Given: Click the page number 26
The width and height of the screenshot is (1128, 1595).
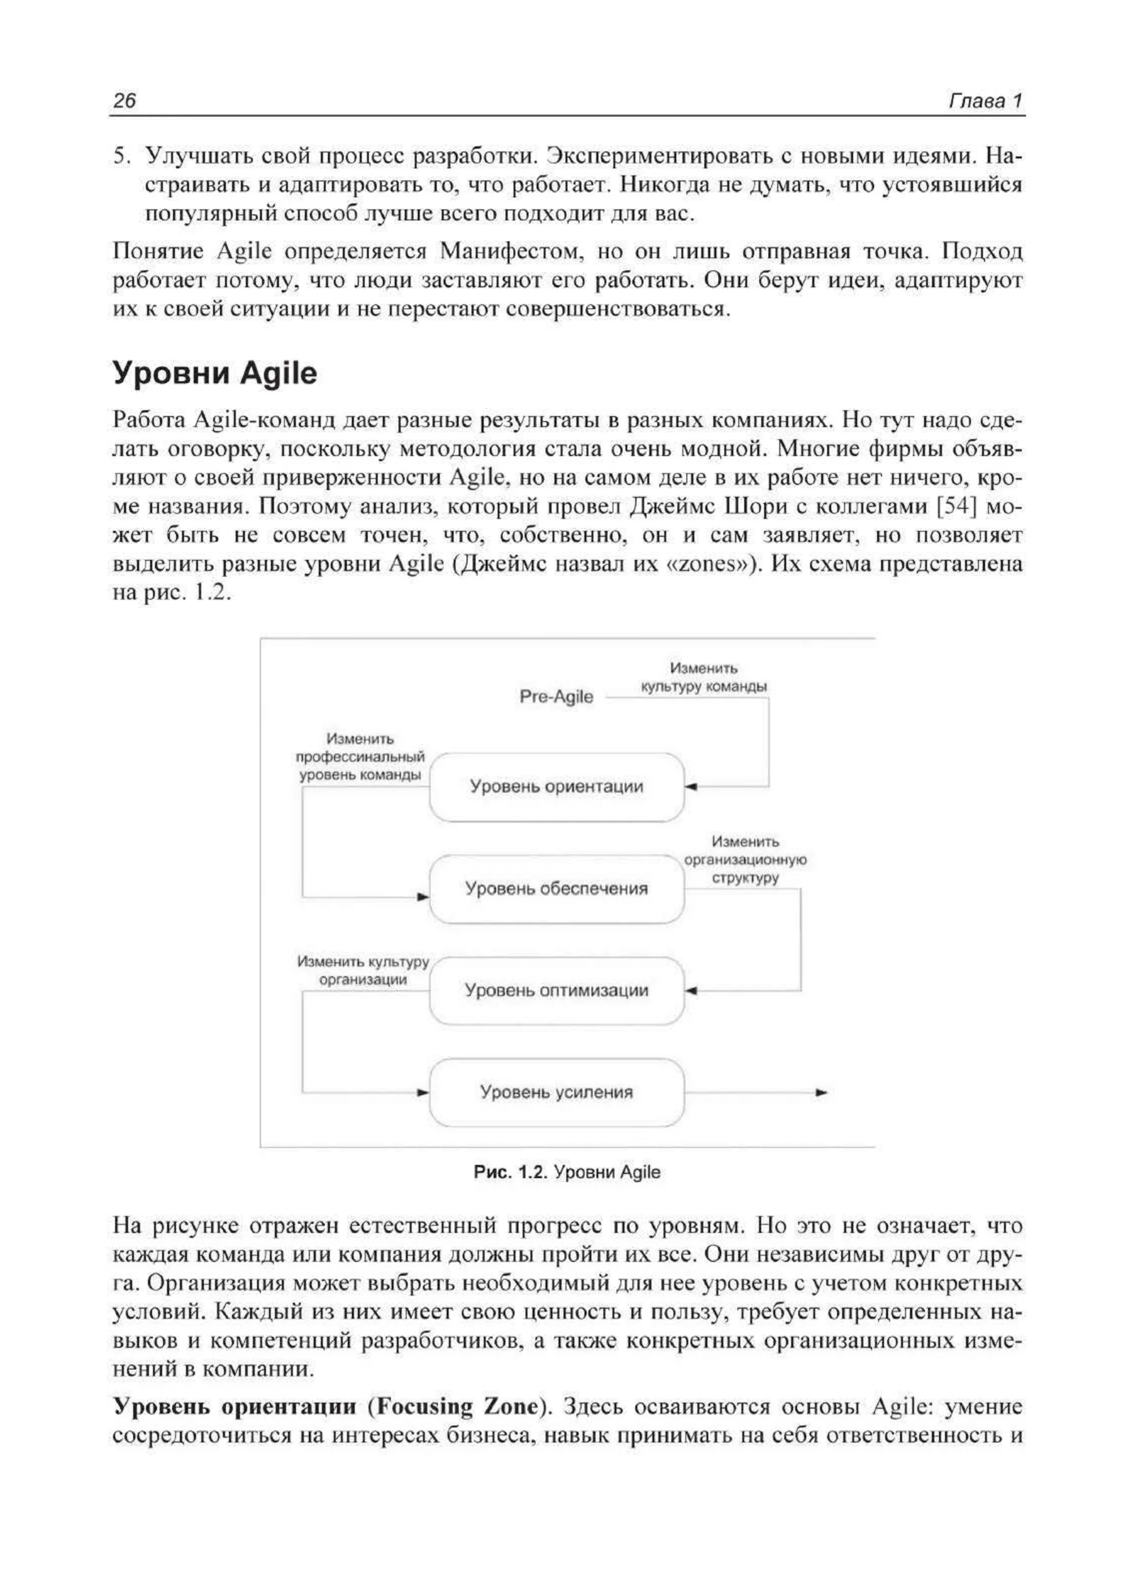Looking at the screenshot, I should click(125, 101).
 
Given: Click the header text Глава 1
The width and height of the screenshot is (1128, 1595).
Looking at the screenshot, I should click(985, 101).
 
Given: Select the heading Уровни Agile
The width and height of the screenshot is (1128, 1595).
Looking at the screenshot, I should click(215, 374).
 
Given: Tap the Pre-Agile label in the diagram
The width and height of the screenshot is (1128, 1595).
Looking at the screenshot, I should click(556, 697).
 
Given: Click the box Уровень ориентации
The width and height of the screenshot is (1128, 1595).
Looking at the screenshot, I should click(556, 787).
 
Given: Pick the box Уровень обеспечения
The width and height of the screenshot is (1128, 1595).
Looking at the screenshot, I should click(556, 889).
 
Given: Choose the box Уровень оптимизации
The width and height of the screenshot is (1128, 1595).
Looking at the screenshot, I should click(556, 991).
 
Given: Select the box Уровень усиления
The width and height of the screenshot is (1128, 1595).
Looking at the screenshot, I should click(556, 1092).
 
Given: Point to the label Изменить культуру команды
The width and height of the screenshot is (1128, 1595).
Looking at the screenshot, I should click(704, 677).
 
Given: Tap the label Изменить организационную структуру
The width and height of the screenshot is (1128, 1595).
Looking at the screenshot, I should click(745, 860).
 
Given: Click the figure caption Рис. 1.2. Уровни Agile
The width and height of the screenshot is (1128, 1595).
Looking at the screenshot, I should click(567, 1172).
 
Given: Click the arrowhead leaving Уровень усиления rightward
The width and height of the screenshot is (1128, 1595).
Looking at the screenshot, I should click(822, 1093).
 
